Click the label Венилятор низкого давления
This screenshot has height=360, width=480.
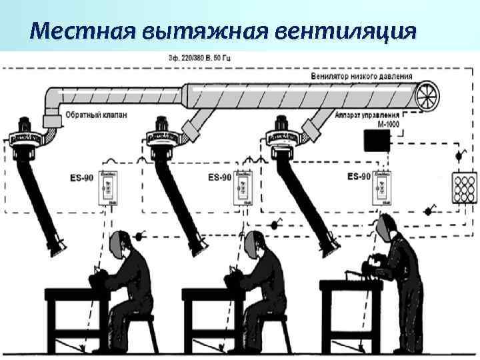click(362, 77)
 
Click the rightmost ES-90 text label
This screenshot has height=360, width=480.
click(359, 176)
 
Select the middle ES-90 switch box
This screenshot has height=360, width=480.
click(243, 187)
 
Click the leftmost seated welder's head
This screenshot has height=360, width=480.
click(121, 244)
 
